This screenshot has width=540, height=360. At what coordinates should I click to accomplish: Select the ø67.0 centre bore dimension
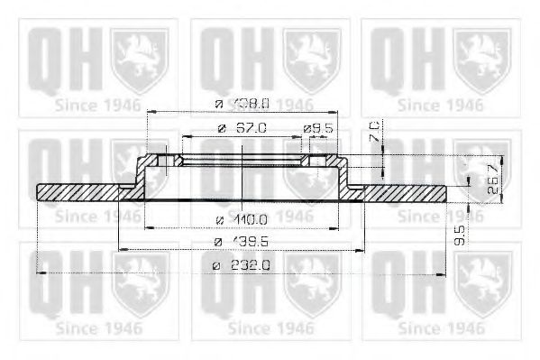point(244,129)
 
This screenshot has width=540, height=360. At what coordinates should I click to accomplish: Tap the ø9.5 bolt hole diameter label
point(321,129)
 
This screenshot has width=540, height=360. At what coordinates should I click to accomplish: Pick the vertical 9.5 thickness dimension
point(460,236)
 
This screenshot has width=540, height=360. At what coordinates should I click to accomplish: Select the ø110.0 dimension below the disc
point(244,219)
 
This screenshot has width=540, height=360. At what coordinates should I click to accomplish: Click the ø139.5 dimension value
point(244,242)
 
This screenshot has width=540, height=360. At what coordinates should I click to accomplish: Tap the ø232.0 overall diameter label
point(244,264)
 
